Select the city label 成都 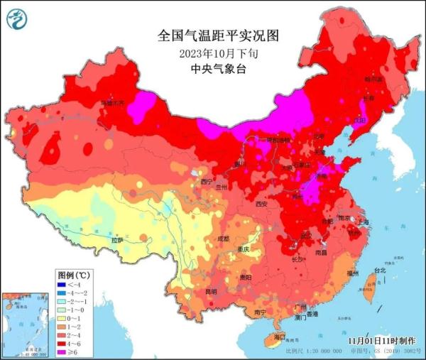point(224,239)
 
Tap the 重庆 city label point(244,251)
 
